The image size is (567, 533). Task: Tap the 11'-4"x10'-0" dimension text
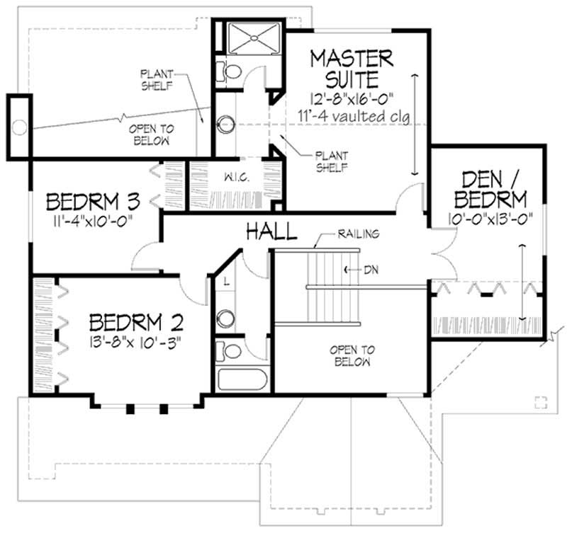coord(94,222)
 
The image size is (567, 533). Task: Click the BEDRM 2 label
coord(136,323)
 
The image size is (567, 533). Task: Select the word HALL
coord(271,231)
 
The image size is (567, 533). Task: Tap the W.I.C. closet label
coord(233,177)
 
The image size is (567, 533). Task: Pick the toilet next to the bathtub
coord(228,351)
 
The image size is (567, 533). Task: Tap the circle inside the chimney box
coord(20,128)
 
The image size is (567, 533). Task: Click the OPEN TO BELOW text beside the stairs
coord(352,355)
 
